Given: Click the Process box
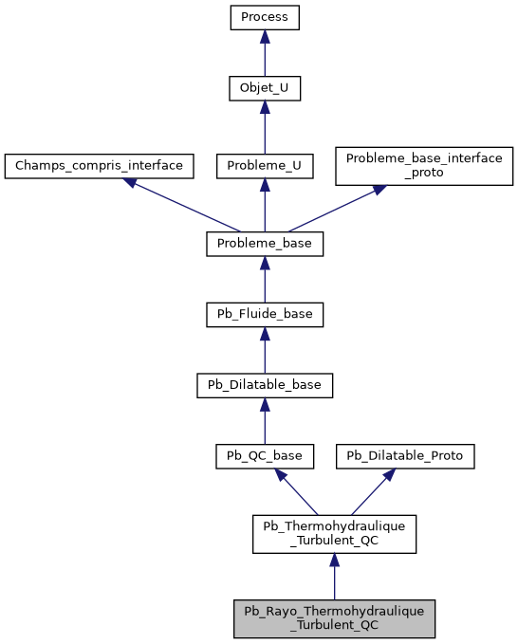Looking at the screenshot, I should (265, 17).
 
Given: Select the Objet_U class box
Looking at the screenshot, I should (265, 88).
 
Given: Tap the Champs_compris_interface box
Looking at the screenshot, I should (99, 165).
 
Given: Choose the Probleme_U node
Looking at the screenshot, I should (265, 165).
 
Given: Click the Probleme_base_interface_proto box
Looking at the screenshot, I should (424, 165).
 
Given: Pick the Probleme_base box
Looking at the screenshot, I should (265, 243).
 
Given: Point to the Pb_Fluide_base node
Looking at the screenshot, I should (265, 314).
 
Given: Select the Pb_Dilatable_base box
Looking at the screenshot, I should (265, 385).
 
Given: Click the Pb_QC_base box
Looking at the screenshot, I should (265, 456).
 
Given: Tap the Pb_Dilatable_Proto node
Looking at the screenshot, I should (404, 456).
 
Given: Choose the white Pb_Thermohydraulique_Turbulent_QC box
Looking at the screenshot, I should (333, 534).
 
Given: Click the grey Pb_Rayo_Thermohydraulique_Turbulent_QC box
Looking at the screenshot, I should (333, 617).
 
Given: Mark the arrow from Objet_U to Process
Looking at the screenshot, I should (265, 53).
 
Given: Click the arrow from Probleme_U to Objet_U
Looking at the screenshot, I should (265, 126).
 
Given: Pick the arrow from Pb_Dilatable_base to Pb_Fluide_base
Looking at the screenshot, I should (265, 350).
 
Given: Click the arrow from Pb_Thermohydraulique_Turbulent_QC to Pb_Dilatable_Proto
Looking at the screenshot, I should (369, 492).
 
